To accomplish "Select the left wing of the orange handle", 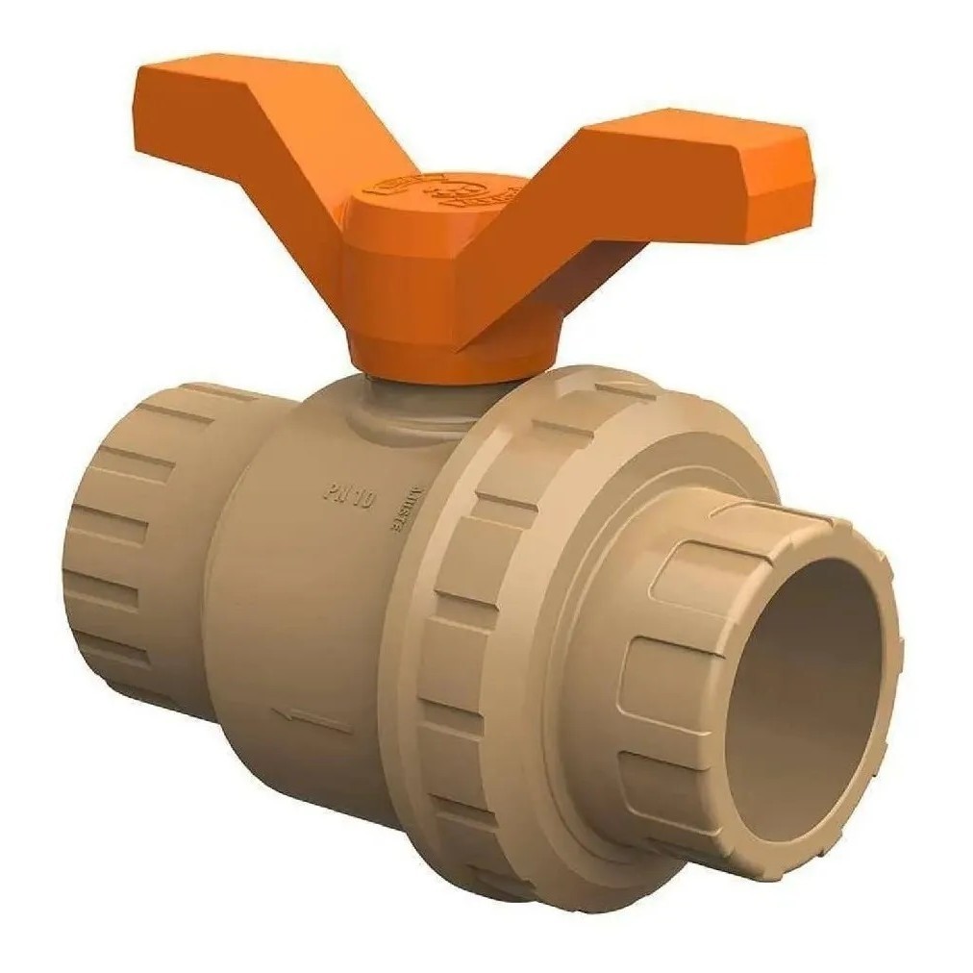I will tap(255, 135).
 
